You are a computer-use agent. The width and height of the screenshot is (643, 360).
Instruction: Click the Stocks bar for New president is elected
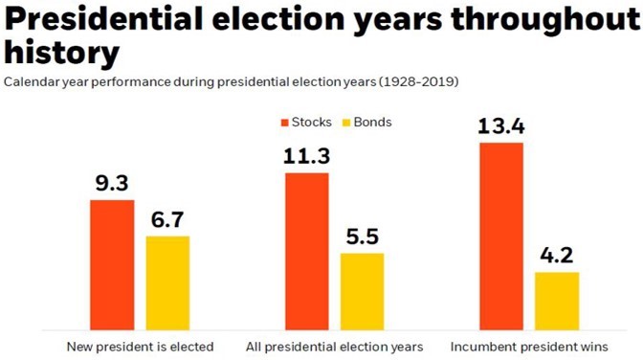click(112, 265)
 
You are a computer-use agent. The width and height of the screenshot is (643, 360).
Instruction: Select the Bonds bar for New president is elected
click(167, 282)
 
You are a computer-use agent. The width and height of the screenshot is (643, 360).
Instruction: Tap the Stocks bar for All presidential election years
click(306, 252)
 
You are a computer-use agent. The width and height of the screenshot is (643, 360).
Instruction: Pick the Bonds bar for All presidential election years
click(362, 291)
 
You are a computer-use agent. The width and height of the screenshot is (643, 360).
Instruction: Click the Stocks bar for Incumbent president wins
click(500, 236)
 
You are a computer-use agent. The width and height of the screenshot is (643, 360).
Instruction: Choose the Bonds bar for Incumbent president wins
click(557, 301)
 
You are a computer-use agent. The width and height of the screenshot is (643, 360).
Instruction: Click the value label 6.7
click(167, 219)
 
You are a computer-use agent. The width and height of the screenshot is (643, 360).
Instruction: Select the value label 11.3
click(306, 156)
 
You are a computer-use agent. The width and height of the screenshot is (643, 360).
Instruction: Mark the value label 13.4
click(500, 125)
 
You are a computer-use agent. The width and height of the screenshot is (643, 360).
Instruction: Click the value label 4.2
click(557, 256)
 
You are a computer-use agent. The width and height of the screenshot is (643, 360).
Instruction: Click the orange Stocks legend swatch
click(284, 123)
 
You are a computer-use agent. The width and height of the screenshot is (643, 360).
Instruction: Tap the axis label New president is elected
click(140, 346)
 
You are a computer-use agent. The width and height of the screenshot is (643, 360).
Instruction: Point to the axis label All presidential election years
click(333, 346)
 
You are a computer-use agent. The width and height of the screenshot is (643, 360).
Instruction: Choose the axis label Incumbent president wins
click(529, 346)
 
